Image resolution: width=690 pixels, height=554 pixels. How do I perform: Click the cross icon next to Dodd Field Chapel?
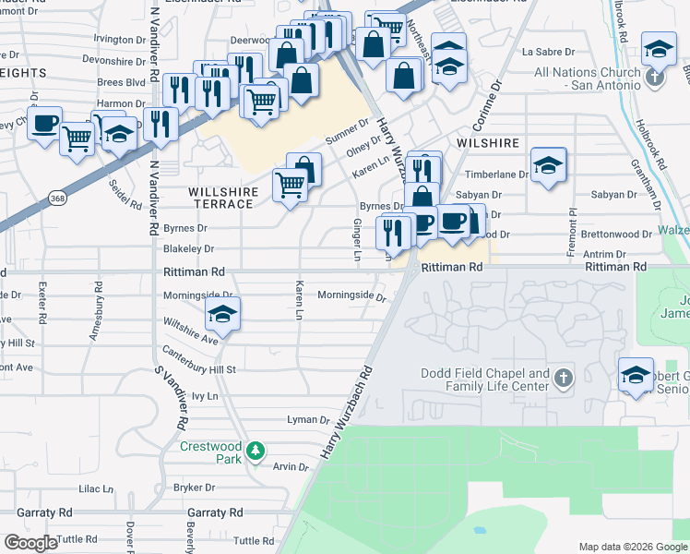coord(564,379)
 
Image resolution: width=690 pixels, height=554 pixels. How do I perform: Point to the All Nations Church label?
coord(587,78)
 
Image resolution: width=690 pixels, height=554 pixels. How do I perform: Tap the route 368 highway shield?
coord(58,198)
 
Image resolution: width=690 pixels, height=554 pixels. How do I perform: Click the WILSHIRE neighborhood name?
coord(488,144)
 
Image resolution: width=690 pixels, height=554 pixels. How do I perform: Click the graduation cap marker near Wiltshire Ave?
coord(221,316)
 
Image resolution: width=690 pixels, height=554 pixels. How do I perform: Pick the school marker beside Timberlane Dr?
coord(549,165)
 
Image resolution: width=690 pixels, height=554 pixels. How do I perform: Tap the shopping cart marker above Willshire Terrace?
coord(291,187)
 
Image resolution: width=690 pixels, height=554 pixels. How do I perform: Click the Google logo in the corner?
coord(30,543)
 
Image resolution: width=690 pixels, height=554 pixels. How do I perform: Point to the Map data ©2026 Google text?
coord(633,547)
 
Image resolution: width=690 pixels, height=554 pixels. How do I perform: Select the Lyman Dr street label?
coord(308,419)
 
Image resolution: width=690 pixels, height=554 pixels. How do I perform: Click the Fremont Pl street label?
coord(572,223)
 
